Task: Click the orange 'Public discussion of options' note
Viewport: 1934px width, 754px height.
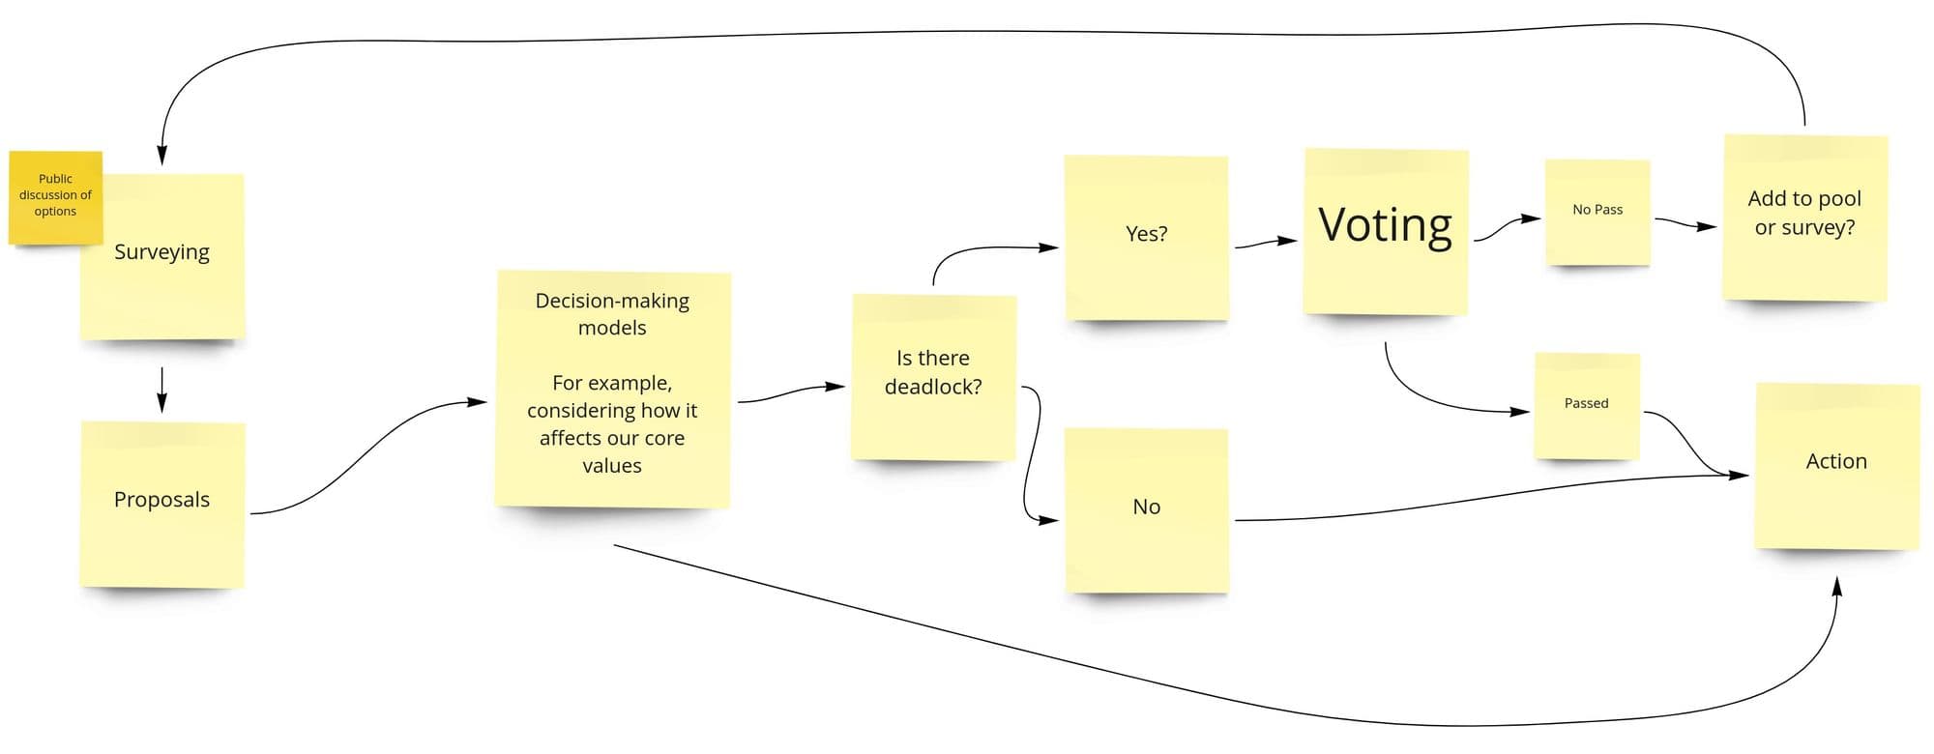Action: pos(55,197)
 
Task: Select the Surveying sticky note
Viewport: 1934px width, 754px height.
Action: pos(162,257)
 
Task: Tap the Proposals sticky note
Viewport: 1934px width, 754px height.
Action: pos(162,504)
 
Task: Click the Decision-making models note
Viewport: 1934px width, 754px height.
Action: pos(612,389)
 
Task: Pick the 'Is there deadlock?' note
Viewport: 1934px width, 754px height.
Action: pos(933,377)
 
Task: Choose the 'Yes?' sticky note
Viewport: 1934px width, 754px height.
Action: pos(1146,238)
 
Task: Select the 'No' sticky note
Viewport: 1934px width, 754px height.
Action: pos(1146,510)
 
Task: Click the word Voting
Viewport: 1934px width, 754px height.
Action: pos(1385,224)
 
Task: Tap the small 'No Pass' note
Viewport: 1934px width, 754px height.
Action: pos(1597,213)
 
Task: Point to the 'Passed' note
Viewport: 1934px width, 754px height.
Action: pos(1587,406)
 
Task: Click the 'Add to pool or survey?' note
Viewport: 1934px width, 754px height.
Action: pos(1805,217)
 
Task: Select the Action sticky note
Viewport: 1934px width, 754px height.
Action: pos(1837,466)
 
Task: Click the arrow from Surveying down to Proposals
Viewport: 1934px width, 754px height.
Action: pos(161,390)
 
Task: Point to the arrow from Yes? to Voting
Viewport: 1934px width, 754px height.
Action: pos(1266,243)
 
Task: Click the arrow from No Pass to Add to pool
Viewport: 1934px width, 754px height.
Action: pos(1685,223)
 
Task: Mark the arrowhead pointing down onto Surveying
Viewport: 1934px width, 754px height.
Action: pos(161,155)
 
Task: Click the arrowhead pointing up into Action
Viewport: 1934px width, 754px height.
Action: pos(1836,586)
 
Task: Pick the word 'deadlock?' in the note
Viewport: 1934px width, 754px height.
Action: pos(933,388)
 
